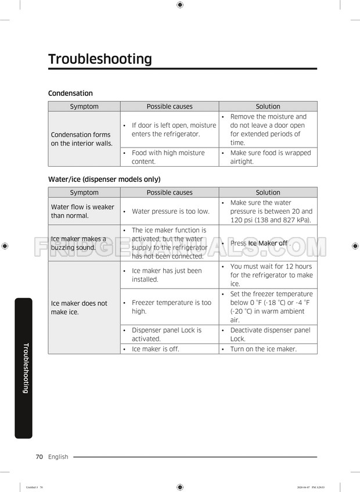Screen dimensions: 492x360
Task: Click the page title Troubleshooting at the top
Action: pos(100,59)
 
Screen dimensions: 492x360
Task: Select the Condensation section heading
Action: pos(70,93)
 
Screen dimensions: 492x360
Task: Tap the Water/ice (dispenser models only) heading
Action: pos(104,179)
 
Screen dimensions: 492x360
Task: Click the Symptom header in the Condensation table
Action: pos(84,106)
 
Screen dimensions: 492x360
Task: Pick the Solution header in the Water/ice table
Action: pos(268,192)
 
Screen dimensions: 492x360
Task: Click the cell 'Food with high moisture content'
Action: pos(168,157)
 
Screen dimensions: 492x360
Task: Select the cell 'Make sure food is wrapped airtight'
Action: pos(268,157)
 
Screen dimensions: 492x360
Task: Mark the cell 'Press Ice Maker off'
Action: pos(267,243)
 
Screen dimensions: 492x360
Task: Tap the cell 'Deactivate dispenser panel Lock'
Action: pos(268,334)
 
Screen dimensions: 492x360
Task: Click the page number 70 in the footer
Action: pos(39,457)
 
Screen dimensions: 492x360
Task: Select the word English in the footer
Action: pos(58,457)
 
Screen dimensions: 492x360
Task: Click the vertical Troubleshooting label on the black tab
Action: pos(24,368)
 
